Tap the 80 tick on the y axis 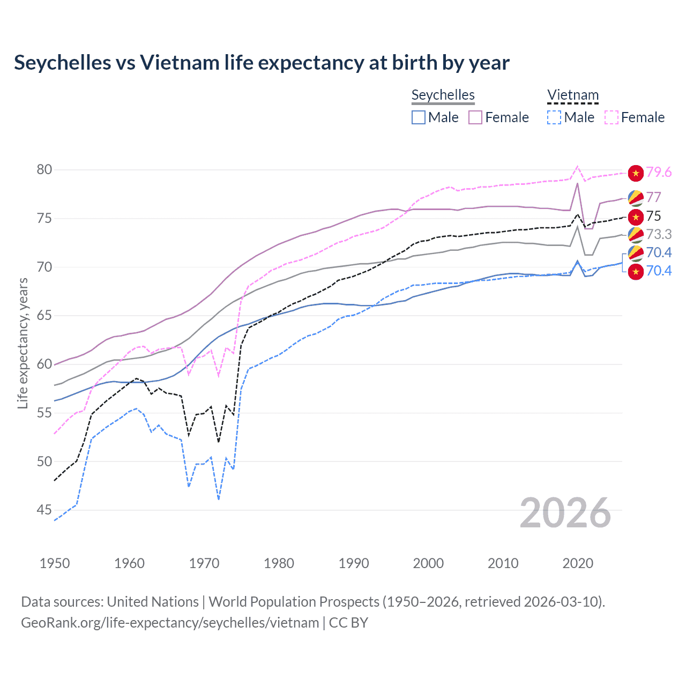pos(44,170)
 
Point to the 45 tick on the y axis pos(44,510)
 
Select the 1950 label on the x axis pos(55,563)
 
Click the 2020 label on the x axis pos(578,563)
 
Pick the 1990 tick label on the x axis pos(354,563)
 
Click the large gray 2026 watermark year pos(565,513)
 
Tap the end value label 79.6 pos(659,172)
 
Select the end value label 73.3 pos(659,234)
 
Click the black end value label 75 pos(653,216)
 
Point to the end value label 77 pos(653,197)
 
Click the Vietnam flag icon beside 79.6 pos(636,173)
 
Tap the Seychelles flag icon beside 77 pos(636,198)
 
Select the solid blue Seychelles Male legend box pos(419,117)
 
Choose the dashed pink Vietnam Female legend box pos(612,117)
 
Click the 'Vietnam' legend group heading pos(572,95)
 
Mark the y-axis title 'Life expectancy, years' pos(23,343)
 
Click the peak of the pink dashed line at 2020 pos(577,166)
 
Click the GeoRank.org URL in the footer pos(170,623)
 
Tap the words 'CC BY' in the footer pos(348,623)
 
